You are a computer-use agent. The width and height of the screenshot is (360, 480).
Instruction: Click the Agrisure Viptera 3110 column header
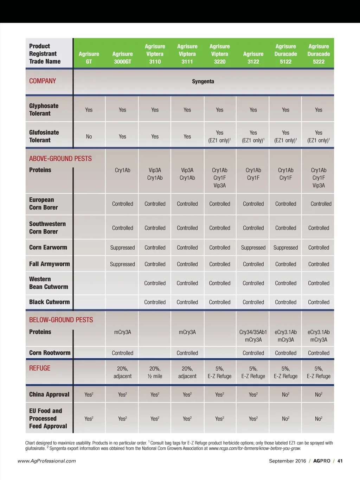click(155, 54)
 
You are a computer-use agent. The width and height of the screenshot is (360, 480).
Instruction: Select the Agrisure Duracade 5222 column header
click(319, 54)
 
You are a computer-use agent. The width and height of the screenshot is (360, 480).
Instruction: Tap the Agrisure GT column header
click(89, 58)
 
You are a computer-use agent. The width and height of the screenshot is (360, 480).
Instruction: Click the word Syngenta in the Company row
click(203, 82)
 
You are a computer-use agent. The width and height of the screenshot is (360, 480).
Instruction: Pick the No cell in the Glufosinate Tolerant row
click(89, 136)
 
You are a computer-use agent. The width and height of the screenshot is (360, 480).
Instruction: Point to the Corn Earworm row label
click(48, 248)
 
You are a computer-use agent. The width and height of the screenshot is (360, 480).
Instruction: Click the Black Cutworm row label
click(50, 302)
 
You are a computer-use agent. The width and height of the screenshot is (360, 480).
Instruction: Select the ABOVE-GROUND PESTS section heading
click(60, 159)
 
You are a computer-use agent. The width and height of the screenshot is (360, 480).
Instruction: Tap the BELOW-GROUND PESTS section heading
click(61, 320)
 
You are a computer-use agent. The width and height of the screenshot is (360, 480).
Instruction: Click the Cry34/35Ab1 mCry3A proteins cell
click(253, 336)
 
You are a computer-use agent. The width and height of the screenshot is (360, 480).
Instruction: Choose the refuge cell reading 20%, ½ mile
click(155, 372)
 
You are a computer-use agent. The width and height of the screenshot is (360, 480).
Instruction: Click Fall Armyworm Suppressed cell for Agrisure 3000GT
click(122, 264)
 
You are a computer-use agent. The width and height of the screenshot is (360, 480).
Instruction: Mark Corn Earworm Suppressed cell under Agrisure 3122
click(253, 248)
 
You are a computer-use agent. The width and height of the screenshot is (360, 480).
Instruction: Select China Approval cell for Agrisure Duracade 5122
click(285, 395)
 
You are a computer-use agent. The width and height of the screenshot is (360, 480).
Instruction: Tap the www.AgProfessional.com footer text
click(47, 461)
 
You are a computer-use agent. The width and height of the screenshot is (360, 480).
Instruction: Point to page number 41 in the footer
click(340, 461)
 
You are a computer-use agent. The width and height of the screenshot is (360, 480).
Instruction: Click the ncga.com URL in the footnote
click(255, 448)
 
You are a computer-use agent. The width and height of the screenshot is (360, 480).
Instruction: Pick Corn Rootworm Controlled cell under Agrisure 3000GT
click(122, 353)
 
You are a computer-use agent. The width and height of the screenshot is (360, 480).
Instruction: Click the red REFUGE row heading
click(40, 368)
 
